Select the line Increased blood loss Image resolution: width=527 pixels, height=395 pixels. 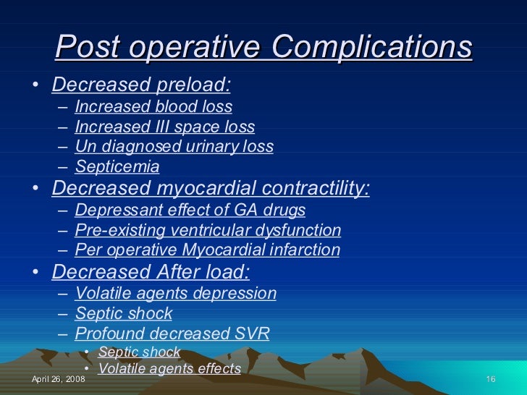pos(153,107)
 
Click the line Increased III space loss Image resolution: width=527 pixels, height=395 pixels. pos(164,127)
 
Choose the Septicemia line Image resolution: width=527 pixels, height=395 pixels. pos(117,167)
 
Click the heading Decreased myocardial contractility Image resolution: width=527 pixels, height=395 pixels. pos(211,189)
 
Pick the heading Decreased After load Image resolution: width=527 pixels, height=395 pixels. pos(151,272)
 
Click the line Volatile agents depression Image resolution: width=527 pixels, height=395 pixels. pos(176,294)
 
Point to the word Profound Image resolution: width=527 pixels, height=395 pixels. pos(108,334)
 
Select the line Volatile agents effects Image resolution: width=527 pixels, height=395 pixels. pos(169,368)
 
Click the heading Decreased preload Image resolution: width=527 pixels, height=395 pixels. pos(142,85)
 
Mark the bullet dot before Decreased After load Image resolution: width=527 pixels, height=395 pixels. pos(36,273)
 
